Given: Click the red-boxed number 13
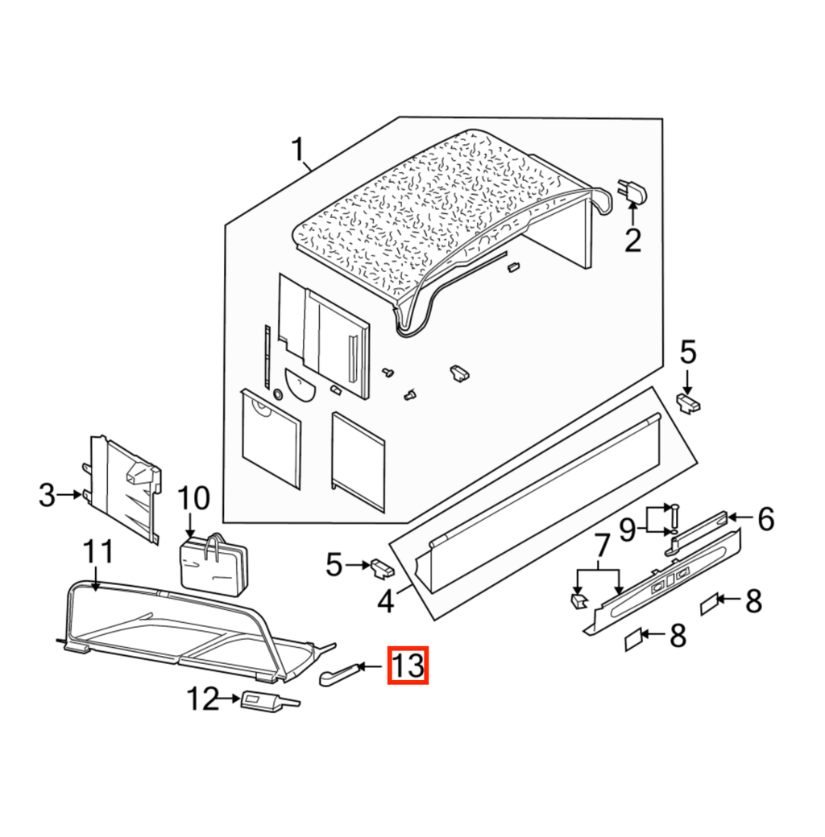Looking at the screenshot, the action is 408,665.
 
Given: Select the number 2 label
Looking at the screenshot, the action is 632,241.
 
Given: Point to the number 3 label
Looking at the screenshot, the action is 47,495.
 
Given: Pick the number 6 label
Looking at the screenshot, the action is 766,519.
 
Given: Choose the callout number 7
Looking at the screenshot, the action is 602,546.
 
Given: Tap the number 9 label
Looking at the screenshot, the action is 628,530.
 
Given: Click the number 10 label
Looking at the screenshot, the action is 193,498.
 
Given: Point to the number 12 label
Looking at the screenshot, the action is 202,699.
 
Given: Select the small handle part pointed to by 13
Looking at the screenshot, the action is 338,674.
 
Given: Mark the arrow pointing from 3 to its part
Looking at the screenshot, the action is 69,495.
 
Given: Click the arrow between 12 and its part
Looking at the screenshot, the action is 230,699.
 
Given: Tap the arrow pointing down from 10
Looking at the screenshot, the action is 189,526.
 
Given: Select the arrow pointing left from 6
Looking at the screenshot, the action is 741,517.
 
